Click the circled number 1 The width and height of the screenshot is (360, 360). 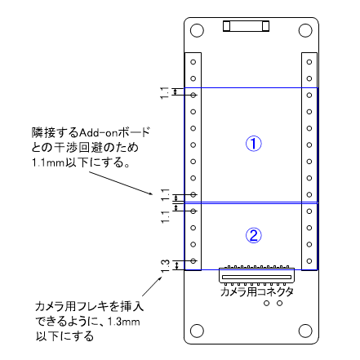[x=254, y=144]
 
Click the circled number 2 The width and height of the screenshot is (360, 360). [x=254, y=235]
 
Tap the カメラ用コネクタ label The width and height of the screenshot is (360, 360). [x=257, y=291]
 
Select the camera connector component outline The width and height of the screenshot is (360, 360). [x=257, y=275]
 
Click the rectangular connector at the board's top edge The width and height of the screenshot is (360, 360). [x=246, y=28]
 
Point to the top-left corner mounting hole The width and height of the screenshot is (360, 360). [x=197, y=31]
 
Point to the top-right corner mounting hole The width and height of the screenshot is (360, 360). [x=307, y=31]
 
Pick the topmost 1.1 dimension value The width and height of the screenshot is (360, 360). [x=165, y=93]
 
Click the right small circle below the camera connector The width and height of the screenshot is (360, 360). [x=279, y=303]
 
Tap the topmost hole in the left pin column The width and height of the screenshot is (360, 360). [x=193, y=61]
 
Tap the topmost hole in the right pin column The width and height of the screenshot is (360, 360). [x=309, y=61]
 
